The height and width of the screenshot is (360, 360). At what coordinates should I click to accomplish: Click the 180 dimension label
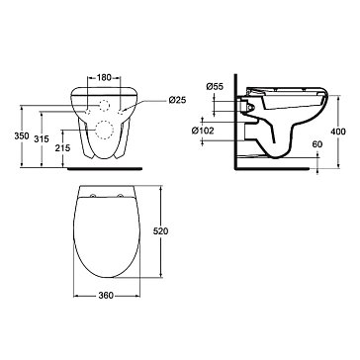104,78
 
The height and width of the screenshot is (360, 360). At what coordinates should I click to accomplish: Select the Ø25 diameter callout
178,100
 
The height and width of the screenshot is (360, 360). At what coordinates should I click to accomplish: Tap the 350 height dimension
22,135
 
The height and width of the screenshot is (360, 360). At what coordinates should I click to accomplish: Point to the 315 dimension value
42,138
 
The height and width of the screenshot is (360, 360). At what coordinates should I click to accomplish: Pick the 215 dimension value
62,148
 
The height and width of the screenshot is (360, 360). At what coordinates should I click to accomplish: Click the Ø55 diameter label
215,87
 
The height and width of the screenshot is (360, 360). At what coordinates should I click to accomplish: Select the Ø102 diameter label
203,131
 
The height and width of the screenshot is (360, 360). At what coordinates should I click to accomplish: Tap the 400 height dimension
339,132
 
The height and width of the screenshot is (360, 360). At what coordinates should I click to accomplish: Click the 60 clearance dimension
317,144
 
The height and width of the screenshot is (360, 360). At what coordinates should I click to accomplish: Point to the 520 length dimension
161,231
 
